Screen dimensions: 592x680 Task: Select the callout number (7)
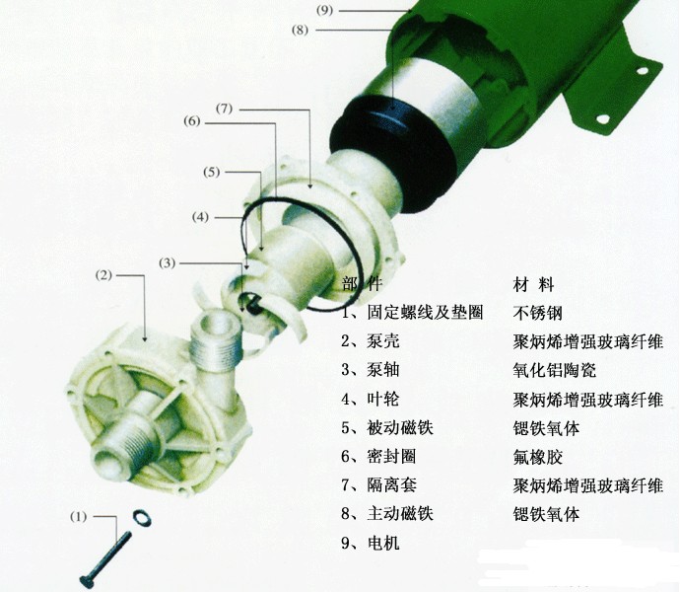pos(224,108)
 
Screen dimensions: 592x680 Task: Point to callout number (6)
pos(192,121)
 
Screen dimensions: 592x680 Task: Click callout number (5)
pos(212,172)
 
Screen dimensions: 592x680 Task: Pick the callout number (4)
pos(200,216)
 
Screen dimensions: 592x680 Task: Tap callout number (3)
pos(168,262)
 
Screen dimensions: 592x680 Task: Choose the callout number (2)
pos(103,274)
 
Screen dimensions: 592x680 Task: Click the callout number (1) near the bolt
pos(79,516)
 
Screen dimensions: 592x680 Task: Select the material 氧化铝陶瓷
pos(554,370)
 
